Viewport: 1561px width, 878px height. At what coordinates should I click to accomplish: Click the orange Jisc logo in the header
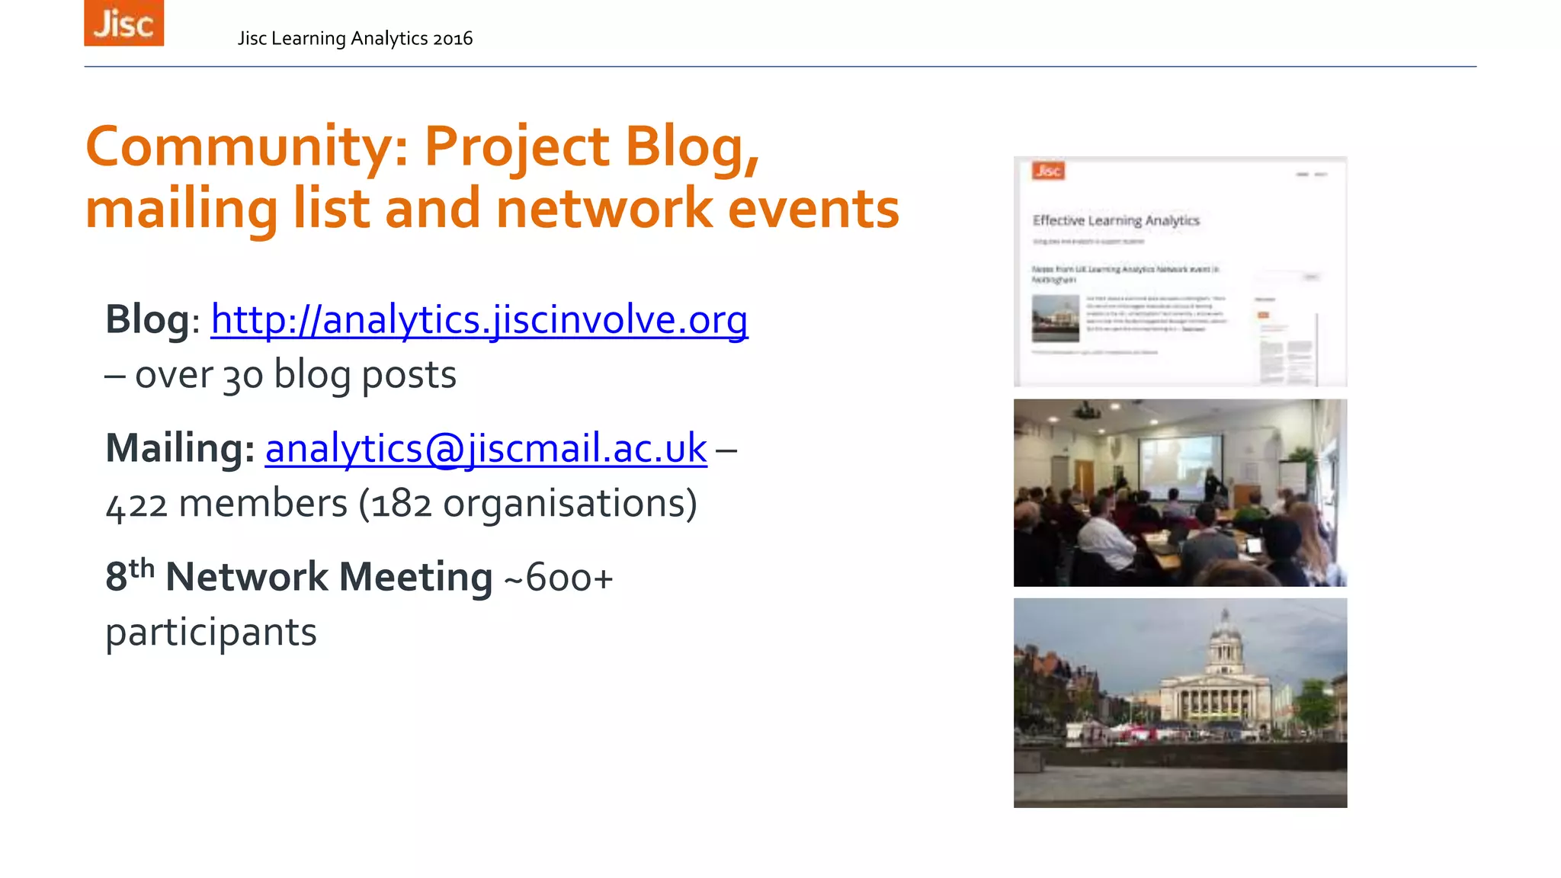pos(123,23)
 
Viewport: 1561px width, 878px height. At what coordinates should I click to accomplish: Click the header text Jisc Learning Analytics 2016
pos(354,38)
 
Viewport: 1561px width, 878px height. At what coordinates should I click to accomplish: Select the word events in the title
pos(813,209)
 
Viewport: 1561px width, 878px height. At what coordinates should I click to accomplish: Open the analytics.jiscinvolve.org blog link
pos(479,319)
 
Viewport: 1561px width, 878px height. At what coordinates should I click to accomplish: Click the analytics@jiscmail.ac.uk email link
pos(486,447)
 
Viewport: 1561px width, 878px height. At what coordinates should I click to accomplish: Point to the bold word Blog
pos(147,319)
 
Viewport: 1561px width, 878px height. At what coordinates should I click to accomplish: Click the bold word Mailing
pos(180,447)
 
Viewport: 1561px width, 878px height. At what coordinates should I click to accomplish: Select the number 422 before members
pos(136,505)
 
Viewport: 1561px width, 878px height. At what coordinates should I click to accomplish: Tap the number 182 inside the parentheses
pos(401,505)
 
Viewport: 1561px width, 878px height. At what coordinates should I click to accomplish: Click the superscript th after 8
pos(142,568)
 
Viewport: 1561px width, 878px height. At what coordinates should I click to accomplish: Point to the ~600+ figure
pos(558,577)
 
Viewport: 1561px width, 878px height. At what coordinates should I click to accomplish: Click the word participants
pos(211,633)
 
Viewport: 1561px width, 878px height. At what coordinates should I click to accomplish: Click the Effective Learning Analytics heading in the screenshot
pos(1116,220)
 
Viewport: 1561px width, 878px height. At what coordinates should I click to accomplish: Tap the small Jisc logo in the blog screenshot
pos(1048,171)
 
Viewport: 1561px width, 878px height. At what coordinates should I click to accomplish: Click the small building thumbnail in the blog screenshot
pos(1056,318)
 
